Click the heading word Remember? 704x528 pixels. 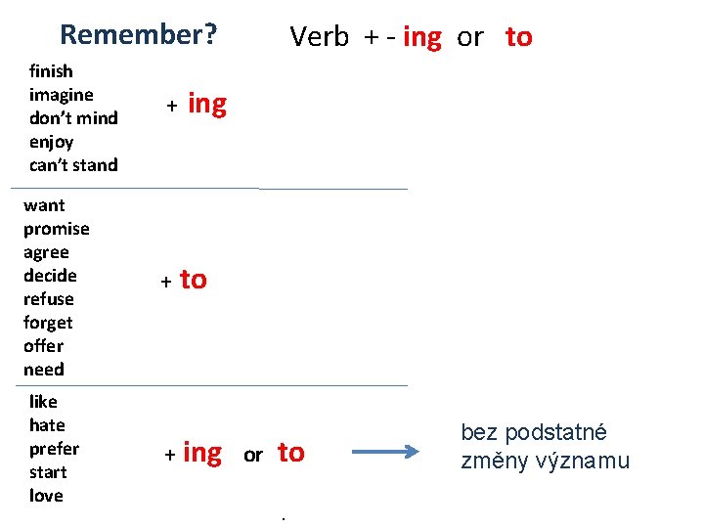(138, 35)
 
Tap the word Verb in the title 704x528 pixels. (319, 37)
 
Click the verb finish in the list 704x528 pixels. (51, 71)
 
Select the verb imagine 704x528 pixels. (62, 95)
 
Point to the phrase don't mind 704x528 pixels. (73, 118)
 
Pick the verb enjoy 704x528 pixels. (51, 142)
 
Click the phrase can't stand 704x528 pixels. (73, 165)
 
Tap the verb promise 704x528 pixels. (56, 229)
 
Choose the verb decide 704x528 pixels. (50, 276)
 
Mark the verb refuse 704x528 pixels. (49, 299)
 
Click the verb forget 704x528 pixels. (48, 323)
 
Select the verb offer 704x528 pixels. (43, 346)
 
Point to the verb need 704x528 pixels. (44, 370)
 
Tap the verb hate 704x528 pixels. (47, 425)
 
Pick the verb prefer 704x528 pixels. (54, 449)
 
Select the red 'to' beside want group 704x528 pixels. (194, 281)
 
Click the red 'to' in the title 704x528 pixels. (518, 37)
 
